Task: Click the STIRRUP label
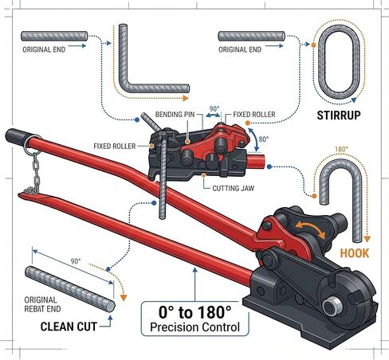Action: click(339, 115)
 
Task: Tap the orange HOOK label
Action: click(355, 253)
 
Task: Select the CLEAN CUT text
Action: click(69, 327)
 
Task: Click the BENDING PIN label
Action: click(175, 115)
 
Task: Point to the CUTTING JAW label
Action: click(233, 188)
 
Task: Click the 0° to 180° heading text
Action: click(195, 312)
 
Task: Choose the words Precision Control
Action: click(195, 327)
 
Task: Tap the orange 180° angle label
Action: click(341, 149)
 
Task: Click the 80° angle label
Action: click(264, 139)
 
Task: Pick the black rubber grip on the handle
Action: click(16, 136)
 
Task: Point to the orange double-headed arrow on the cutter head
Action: click(310, 230)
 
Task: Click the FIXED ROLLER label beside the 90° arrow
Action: click(254, 115)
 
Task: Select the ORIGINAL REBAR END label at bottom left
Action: click(42, 304)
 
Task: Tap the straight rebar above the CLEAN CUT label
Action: click(70, 289)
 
